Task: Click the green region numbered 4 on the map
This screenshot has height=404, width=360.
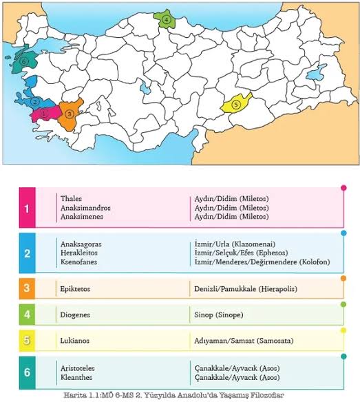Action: pyautogui.click(x=167, y=21)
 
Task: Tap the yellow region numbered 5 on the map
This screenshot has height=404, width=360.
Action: pyautogui.click(x=235, y=104)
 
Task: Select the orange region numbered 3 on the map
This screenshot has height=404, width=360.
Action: pyautogui.click(x=70, y=114)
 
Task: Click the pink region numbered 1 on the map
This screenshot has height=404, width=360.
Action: pyautogui.click(x=45, y=113)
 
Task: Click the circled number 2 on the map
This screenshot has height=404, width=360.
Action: pyautogui.click(x=34, y=101)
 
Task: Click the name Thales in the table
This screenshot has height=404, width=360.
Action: pyautogui.click(x=71, y=199)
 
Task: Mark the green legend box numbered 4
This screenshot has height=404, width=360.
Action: pyautogui.click(x=27, y=315)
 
